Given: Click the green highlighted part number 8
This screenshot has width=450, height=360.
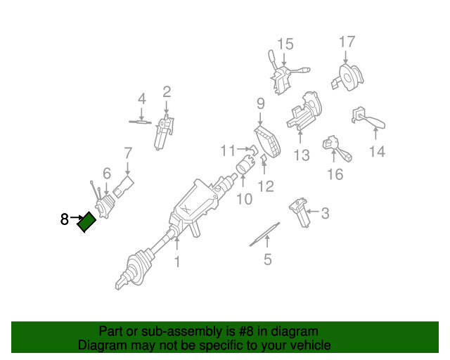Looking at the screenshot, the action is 87,222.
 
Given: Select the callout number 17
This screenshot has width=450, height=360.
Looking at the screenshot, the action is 347,41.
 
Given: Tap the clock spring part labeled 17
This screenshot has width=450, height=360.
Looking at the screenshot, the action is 349,74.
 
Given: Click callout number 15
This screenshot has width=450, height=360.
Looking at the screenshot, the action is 284,44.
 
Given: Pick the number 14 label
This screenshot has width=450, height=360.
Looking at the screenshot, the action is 378,151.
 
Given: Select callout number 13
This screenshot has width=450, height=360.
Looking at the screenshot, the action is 302,155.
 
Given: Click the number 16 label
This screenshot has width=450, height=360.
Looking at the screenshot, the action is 335,173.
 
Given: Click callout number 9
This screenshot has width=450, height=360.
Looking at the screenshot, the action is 260,103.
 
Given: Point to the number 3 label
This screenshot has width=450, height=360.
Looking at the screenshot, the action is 325,213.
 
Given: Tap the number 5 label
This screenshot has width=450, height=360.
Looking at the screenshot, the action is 267,260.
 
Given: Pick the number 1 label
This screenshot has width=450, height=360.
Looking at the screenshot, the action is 177,262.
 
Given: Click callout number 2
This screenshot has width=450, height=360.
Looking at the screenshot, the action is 167,91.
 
